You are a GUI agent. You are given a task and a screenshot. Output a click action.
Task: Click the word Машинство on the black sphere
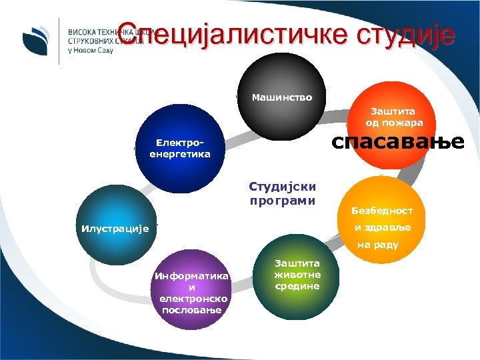pyautogui.click(x=281, y=98)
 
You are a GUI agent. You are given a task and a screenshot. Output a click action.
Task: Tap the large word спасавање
pyautogui.click(x=398, y=143)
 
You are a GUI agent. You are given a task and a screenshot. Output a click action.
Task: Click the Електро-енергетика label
pyautogui.click(x=180, y=149)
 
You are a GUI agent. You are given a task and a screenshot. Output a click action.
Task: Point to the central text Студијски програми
pyautogui.click(x=283, y=193)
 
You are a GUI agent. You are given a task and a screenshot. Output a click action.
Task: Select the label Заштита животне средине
pyautogui.click(x=298, y=275)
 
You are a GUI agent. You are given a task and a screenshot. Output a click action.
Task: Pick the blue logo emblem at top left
pyautogui.click(x=34, y=40)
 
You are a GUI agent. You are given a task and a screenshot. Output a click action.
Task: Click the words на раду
pyautogui.click(x=378, y=245)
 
